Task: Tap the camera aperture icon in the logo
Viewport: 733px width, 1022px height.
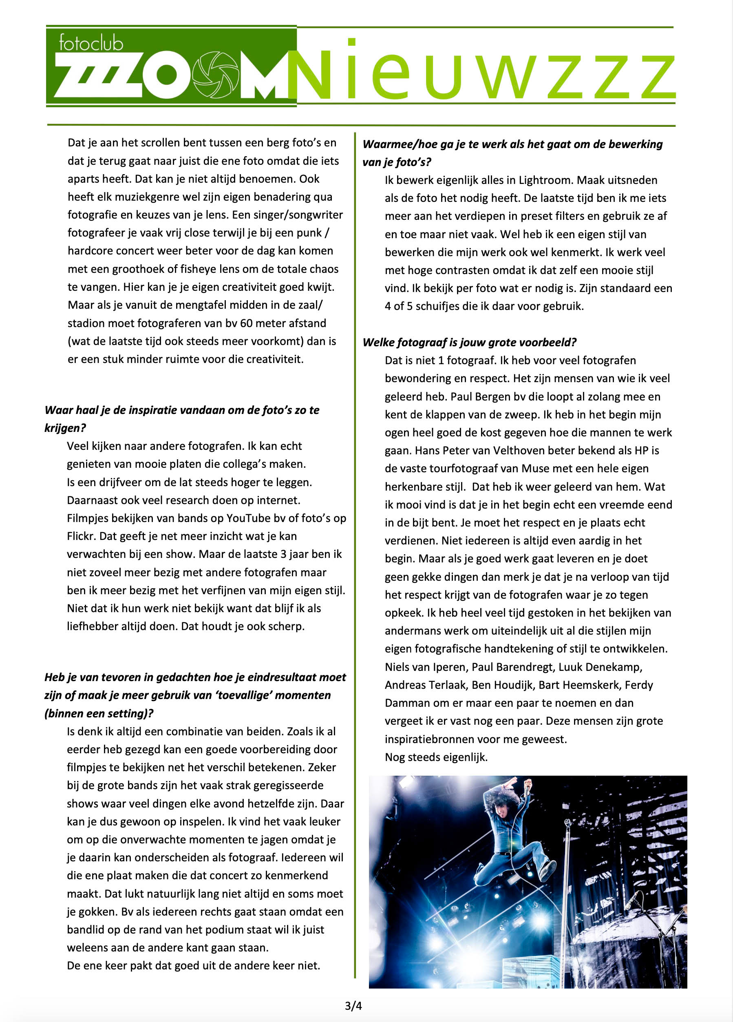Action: (x=215, y=75)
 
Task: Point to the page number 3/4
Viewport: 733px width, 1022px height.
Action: (x=353, y=1005)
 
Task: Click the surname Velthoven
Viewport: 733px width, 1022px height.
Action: (x=531, y=451)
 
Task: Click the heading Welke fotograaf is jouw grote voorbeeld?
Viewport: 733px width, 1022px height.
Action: (x=470, y=343)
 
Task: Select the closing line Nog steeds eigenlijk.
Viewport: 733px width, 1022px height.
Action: (x=436, y=757)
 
